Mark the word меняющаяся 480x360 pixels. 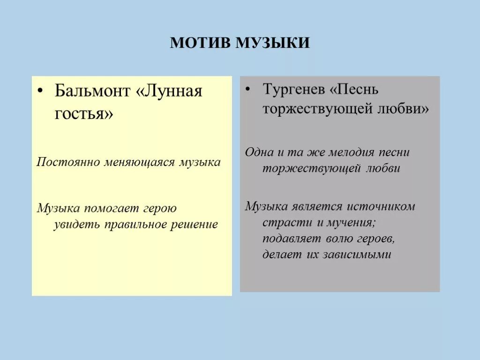tap(138, 162)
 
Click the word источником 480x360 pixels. tap(381, 206)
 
